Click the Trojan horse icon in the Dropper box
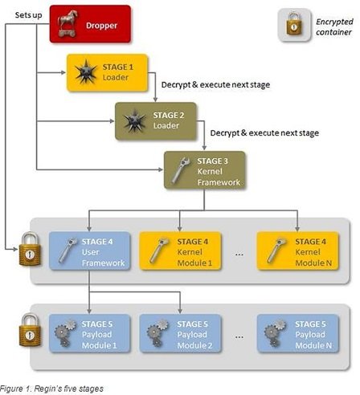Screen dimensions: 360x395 click(x=67, y=23)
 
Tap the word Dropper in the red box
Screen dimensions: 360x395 click(x=101, y=26)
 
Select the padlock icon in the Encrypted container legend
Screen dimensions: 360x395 click(x=294, y=24)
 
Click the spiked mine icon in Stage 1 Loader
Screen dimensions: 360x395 click(x=86, y=71)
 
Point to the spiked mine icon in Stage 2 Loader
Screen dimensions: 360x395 click(x=134, y=120)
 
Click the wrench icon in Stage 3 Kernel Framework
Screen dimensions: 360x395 click(x=181, y=170)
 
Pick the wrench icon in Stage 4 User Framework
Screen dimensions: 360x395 click(x=67, y=250)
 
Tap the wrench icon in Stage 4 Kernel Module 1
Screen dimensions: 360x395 click(x=159, y=250)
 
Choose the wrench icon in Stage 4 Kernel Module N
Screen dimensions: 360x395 click(x=276, y=250)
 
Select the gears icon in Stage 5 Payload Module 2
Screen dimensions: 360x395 click(x=157, y=333)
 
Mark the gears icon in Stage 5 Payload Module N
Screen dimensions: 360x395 click(x=276, y=333)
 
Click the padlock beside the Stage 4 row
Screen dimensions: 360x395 click(x=30, y=249)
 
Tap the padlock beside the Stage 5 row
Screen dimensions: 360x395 click(x=30, y=330)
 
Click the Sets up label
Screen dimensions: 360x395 click(x=28, y=15)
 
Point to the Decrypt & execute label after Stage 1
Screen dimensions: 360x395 click(x=215, y=85)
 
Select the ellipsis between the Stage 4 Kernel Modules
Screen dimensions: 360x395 click(x=239, y=255)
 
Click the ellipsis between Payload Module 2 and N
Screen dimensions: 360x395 click(x=239, y=337)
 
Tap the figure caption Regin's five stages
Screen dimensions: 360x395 click(x=51, y=389)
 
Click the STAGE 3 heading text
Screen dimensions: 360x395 click(x=212, y=161)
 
